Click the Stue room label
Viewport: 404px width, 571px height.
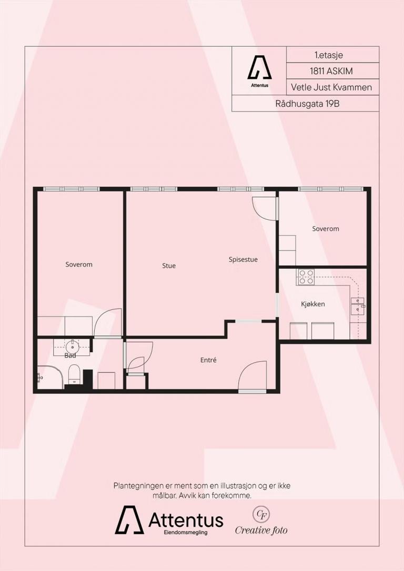(x=169, y=266)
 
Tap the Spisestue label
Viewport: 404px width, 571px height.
(x=243, y=260)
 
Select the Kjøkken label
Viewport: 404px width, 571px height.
(x=312, y=304)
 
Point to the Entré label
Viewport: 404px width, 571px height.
(x=208, y=360)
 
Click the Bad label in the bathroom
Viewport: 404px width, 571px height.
(x=70, y=355)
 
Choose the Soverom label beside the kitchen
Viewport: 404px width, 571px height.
(x=325, y=229)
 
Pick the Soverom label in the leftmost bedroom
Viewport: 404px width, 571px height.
(x=79, y=264)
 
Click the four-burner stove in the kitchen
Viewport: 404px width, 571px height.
(x=306, y=277)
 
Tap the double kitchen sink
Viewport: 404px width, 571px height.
(x=357, y=306)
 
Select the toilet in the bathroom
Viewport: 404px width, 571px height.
(x=74, y=374)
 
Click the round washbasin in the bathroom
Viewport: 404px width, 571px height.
(x=72, y=345)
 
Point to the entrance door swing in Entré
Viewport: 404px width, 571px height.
(x=252, y=375)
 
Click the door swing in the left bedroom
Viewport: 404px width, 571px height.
(x=107, y=323)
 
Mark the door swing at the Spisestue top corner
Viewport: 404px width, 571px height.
(x=265, y=208)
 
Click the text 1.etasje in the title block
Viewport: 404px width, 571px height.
(x=329, y=55)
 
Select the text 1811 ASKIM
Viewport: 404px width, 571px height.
(x=331, y=72)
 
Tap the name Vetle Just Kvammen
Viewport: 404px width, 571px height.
(x=331, y=87)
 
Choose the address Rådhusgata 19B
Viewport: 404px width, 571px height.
(x=307, y=104)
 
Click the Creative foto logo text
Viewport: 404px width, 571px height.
(x=261, y=530)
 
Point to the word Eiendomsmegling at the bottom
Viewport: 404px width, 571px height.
(x=185, y=533)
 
